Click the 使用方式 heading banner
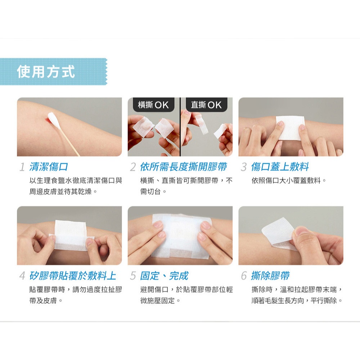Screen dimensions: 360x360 tap(54, 72)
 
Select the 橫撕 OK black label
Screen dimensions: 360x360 tap(153, 105)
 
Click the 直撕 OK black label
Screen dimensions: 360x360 tap(206, 105)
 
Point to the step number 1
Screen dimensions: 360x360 tap(22, 167)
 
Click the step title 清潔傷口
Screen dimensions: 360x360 tap(49, 167)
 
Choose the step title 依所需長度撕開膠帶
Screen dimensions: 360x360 tap(184, 167)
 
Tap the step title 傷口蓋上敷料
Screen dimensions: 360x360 tap(280, 167)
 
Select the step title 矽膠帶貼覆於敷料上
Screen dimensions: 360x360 tap(73, 276)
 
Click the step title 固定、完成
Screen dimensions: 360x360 tap(164, 276)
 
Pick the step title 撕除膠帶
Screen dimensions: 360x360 tap(270, 276)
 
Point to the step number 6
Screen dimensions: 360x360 tap(244, 276)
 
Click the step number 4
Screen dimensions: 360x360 tap(22, 276)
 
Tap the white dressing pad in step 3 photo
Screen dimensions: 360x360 tap(290, 128)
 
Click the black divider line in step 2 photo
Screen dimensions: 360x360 tap(180, 127)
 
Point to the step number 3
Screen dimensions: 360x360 tap(244, 167)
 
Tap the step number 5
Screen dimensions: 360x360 tap(133, 276)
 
